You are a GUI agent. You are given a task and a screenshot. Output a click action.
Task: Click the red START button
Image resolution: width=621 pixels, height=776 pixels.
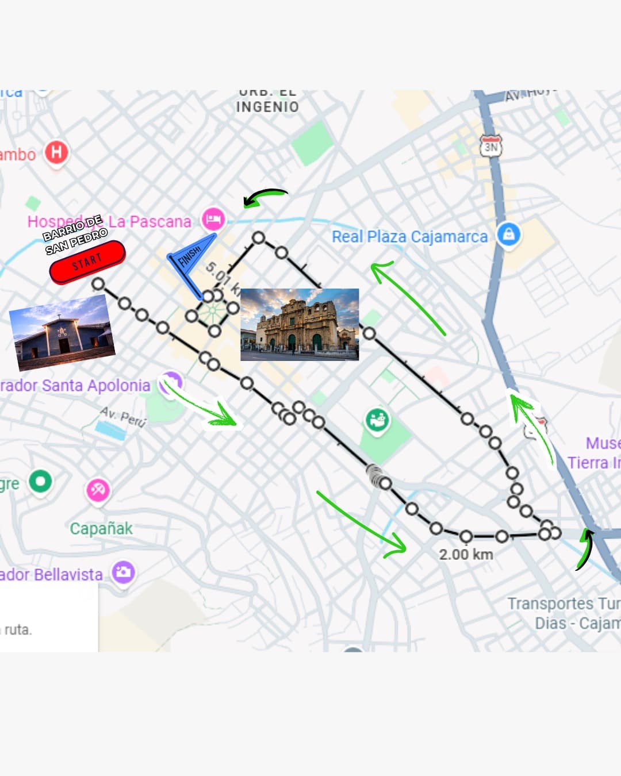(x=87, y=262)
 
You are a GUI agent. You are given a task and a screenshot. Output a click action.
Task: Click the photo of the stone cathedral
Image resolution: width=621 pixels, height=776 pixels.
(x=300, y=325)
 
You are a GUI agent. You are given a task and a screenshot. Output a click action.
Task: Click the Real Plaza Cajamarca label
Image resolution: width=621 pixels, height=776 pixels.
(x=409, y=237)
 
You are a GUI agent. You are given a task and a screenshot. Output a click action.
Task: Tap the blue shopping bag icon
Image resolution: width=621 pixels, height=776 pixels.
(x=508, y=234)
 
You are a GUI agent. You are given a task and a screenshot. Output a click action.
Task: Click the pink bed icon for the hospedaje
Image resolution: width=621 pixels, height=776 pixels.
(x=213, y=219)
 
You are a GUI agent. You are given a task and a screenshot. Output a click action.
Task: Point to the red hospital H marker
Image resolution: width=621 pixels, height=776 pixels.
(x=56, y=152)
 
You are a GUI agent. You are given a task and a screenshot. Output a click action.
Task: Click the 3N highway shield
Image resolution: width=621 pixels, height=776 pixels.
(x=490, y=146)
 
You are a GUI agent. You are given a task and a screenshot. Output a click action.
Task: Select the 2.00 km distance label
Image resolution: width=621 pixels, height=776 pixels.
(x=466, y=555)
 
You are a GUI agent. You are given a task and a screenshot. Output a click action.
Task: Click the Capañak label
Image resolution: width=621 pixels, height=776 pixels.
(x=101, y=529)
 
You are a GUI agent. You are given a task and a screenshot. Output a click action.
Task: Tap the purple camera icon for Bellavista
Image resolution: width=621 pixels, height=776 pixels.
(x=123, y=572)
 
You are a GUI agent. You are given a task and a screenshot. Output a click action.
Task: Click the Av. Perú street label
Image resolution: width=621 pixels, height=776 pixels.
(x=123, y=416)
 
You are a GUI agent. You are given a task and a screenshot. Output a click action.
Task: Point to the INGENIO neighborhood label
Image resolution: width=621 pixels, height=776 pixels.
(x=267, y=107)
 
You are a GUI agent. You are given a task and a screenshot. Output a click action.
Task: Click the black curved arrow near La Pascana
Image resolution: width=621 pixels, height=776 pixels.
(x=264, y=197)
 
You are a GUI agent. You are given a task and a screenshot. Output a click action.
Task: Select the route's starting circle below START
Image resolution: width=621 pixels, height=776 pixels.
(x=98, y=284)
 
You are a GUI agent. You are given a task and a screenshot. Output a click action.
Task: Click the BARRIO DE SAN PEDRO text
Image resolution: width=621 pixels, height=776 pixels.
(x=75, y=235)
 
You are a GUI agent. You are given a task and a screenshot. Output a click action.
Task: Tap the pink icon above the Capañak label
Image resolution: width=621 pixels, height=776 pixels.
(x=98, y=490)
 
